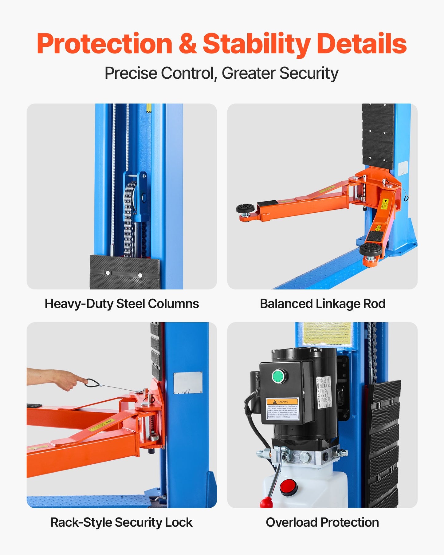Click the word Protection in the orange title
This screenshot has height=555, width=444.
104,44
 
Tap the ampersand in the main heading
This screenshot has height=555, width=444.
187,44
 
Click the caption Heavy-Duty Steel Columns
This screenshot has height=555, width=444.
122,304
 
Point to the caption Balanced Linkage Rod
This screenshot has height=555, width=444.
322,304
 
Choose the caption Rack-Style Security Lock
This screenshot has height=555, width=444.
121,522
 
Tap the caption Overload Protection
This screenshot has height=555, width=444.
322,522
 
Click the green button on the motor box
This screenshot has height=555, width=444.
278,376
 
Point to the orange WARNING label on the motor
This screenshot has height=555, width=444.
282,401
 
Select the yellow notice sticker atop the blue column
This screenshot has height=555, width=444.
327,333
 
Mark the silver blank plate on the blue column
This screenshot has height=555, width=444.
188,383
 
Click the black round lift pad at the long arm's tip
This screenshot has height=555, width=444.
245,208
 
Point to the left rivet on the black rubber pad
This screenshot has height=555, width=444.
108,273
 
